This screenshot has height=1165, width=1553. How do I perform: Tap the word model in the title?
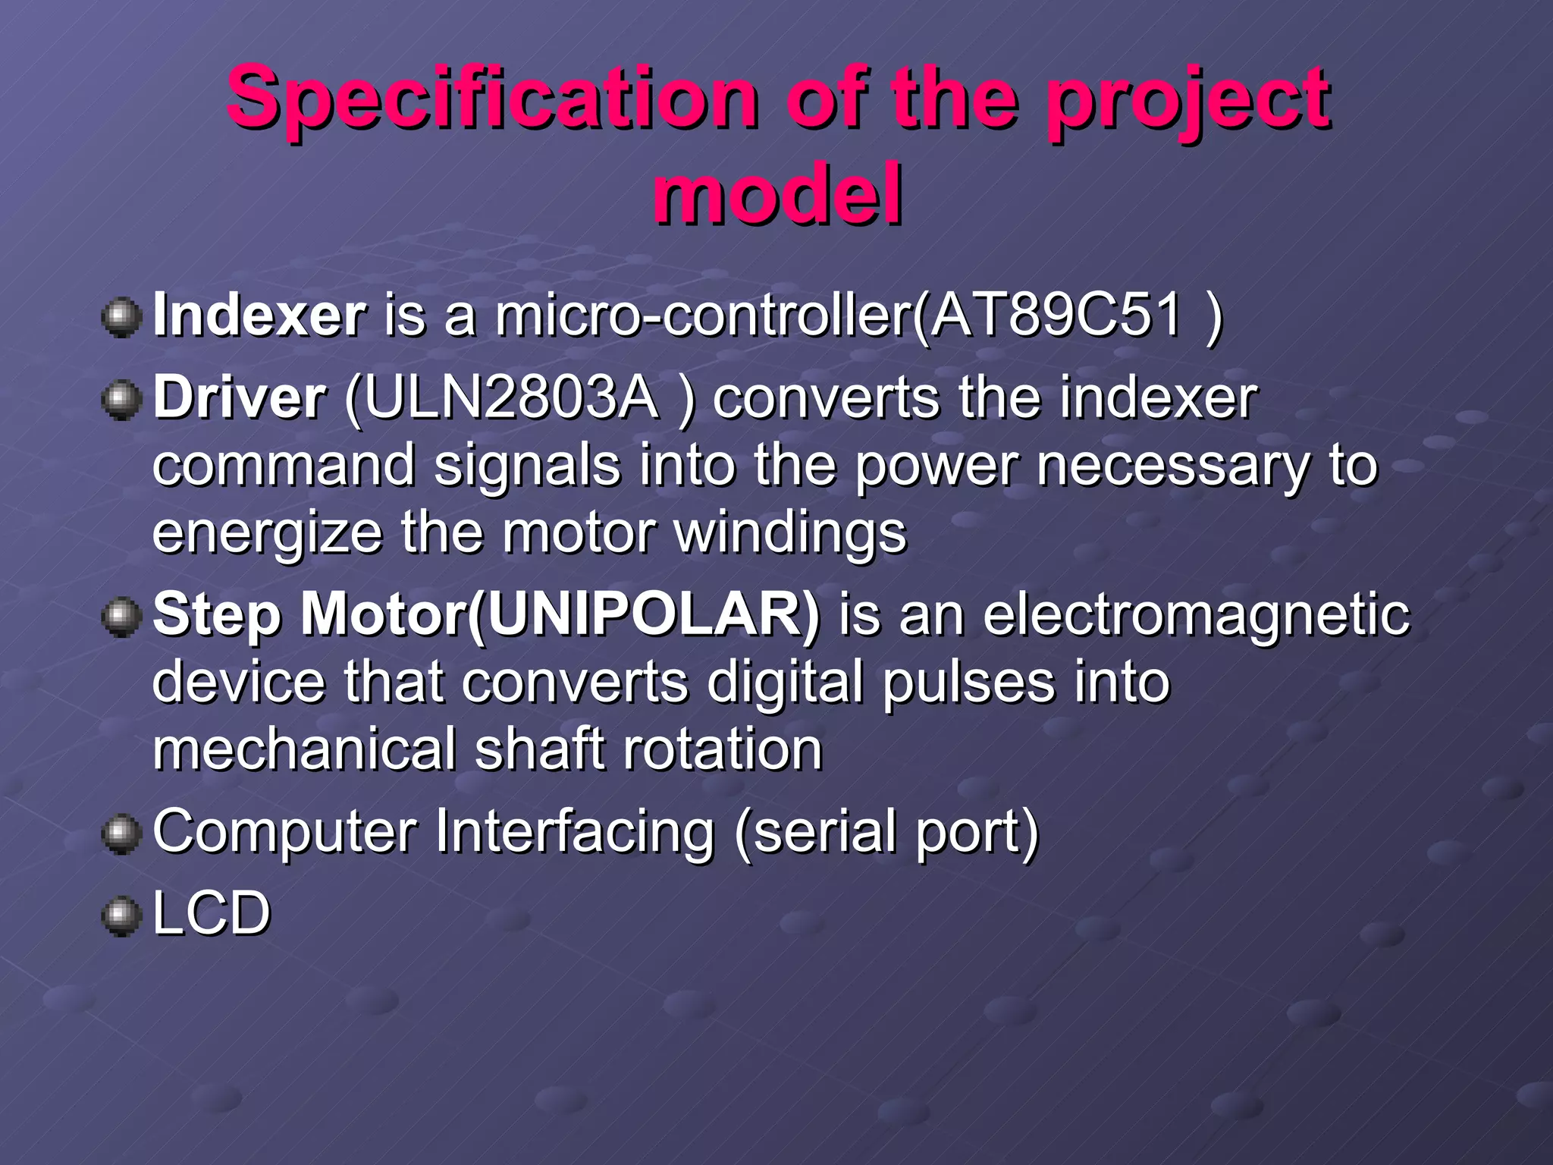coord(778,195)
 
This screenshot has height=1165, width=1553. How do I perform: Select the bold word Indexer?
coord(259,316)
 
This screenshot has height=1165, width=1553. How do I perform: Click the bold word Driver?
coord(240,398)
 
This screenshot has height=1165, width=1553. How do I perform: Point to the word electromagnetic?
coord(1196,614)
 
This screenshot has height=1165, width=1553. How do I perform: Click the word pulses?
coord(968,681)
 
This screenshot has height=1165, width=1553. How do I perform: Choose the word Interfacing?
coord(575,831)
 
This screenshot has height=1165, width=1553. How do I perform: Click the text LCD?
coord(212,912)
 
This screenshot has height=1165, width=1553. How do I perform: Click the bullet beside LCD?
coord(121,915)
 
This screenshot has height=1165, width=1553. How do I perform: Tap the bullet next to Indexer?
coord(121,317)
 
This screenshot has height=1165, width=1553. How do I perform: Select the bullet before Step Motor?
coord(121,617)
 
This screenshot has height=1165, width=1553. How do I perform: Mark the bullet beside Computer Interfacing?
coord(121,834)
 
